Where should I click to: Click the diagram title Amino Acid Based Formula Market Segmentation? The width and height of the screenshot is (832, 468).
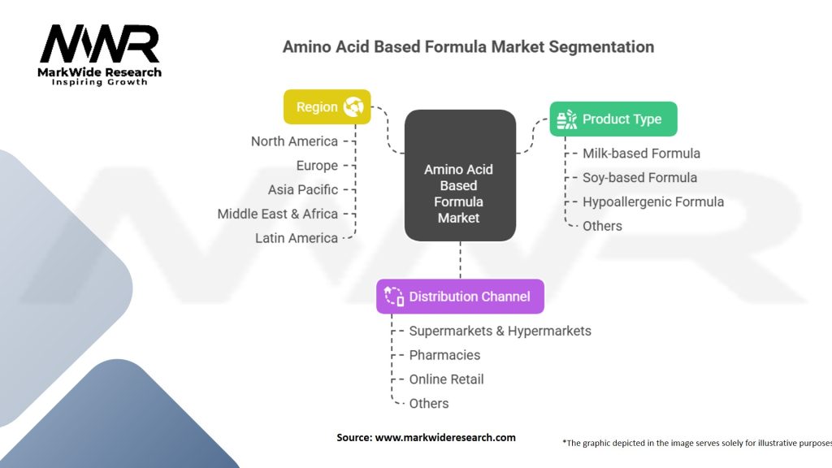[468, 46]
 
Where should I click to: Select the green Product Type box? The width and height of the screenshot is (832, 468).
[613, 119]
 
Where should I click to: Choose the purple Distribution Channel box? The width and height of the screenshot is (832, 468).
[460, 296]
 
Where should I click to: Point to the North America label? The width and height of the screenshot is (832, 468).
[294, 141]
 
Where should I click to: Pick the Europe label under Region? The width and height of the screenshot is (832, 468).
[317, 166]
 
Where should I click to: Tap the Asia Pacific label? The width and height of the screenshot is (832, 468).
[303, 189]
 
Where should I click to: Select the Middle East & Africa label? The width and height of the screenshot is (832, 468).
[278, 214]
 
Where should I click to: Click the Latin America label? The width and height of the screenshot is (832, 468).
[297, 238]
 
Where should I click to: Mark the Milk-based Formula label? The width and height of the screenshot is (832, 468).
[641, 153]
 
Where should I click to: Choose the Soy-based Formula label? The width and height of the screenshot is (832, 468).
[639, 177]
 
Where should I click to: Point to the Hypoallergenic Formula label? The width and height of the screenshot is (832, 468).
[653, 201]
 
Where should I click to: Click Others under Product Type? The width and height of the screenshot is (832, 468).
[602, 226]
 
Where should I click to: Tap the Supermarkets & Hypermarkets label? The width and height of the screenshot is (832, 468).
[500, 331]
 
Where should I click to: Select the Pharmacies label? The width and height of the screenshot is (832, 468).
[444, 355]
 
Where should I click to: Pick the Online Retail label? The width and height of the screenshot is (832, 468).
[446, 379]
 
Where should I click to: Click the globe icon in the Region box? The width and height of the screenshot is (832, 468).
[353, 106]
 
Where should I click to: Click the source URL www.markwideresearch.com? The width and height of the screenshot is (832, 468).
[445, 437]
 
